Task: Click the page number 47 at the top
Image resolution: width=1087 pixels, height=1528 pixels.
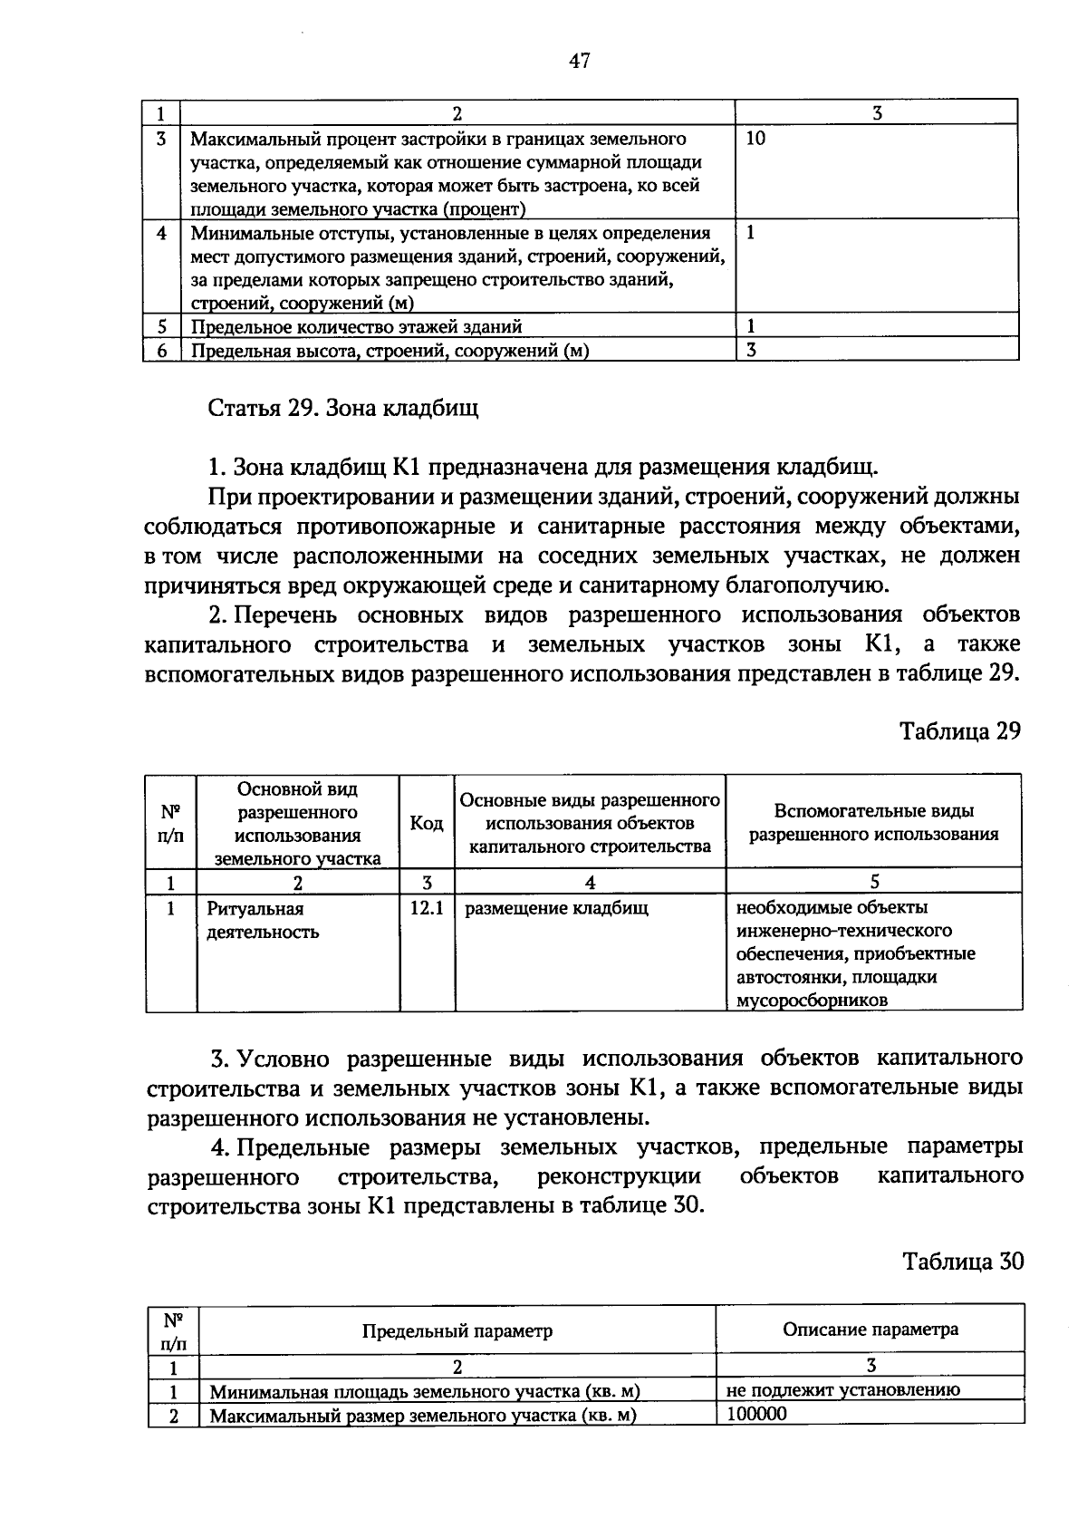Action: [580, 61]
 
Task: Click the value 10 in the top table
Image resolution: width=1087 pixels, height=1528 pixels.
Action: [755, 140]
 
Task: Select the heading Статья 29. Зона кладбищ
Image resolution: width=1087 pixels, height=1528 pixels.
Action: [343, 408]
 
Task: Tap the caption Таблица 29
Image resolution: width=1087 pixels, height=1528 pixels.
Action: [959, 730]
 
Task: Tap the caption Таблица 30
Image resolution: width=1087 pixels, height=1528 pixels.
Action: [962, 1261]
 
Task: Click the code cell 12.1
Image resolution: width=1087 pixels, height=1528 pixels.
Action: [426, 908]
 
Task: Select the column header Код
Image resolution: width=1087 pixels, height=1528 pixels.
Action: [426, 823]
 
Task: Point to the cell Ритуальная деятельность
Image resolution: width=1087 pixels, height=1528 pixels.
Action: [262, 920]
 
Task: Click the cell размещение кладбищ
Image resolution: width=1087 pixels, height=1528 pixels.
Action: [556, 908]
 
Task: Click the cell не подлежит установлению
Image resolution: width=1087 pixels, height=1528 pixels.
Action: [842, 1390]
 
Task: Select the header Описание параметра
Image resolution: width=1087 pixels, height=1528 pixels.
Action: [870, 1330]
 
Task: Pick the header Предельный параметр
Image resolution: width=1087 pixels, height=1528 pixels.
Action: [457, 1330]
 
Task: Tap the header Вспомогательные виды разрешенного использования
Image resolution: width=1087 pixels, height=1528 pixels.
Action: [873, 823]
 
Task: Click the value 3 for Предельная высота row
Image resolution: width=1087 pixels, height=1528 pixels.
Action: [751, 350]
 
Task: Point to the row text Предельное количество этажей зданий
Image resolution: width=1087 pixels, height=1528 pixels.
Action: [356, 326]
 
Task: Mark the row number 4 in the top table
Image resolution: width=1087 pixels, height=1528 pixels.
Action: [161, 233]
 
